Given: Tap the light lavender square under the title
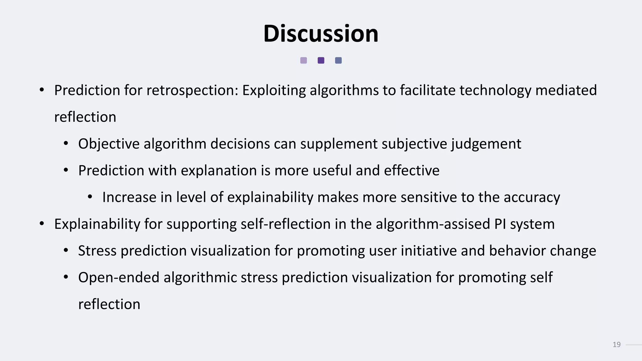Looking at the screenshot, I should click(303, 60).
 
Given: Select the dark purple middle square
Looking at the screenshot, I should click(321, 60).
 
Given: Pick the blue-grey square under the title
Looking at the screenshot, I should click(338, 60).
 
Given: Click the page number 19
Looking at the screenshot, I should click(616, 345).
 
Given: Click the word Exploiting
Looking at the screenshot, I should click(274, 91).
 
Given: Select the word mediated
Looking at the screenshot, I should click(566, 90).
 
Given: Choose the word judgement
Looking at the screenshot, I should click(486, 144).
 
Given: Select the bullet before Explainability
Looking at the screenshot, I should click(42, 224).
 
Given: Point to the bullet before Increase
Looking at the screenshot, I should click(90, 197).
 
